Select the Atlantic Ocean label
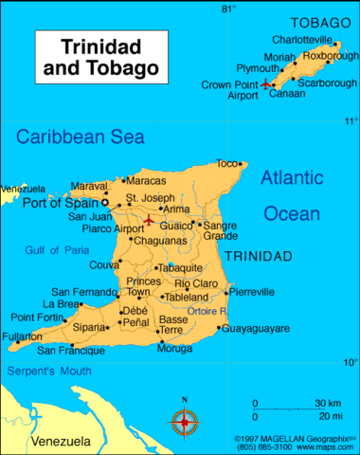coord(292,195)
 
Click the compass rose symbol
coord(185,421)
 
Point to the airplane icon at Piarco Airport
coord(149,221)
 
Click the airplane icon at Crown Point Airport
coord(264,84)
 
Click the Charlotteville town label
coord(302,40)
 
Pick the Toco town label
coord(226,163)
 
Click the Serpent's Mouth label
coord(47,373)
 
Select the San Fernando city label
coord(83,291)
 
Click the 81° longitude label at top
coord(254,9)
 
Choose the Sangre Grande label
coord(220,231)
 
